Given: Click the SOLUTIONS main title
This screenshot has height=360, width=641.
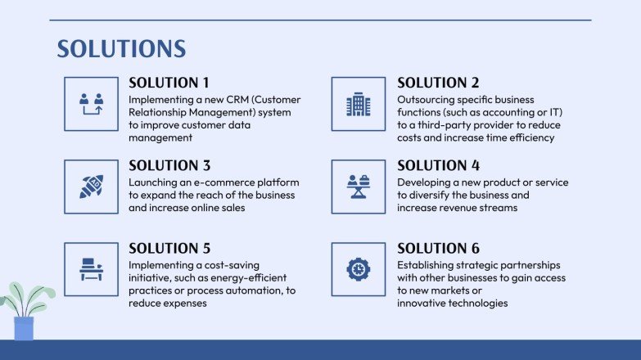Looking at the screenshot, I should click(121, 49).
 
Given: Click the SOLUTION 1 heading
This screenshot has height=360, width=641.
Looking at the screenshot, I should click(169, 83).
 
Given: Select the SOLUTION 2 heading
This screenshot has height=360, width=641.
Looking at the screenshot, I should click(438, 83).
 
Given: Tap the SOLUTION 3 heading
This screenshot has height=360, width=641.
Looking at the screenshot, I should click(169, 165).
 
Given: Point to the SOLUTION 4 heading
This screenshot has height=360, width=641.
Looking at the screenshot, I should click(439, 165).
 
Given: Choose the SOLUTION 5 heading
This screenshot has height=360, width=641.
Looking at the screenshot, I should click(169, 248).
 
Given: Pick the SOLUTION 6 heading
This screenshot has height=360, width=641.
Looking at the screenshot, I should click(438, 248).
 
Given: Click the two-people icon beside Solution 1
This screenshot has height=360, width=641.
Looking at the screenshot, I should click(91, 104).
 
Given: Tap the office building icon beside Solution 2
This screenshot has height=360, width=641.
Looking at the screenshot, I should click(359, 104).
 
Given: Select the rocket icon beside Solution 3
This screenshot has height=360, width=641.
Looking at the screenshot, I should click(91, 187).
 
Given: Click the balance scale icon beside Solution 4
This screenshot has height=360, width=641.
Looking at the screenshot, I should click(359, 187).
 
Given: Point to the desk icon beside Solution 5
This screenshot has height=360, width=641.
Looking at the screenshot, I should click(91, 269).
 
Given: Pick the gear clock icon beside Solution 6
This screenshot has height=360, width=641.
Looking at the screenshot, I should click(359, 269).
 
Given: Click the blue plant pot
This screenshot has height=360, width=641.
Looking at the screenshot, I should click(24, 328).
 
